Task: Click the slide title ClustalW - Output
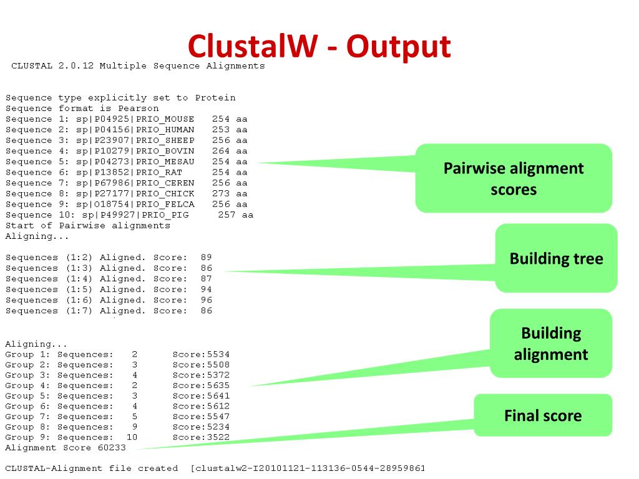319,46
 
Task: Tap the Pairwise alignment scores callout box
514,178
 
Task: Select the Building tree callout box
556,258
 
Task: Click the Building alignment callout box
550,344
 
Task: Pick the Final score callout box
542,415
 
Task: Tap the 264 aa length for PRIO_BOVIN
230,151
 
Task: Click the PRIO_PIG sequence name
167,215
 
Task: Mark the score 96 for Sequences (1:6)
207,300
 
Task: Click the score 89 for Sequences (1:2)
207,257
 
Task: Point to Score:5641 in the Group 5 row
201,396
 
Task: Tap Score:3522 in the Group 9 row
201,437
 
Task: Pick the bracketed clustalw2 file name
308,468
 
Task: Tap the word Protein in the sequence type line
215,98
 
